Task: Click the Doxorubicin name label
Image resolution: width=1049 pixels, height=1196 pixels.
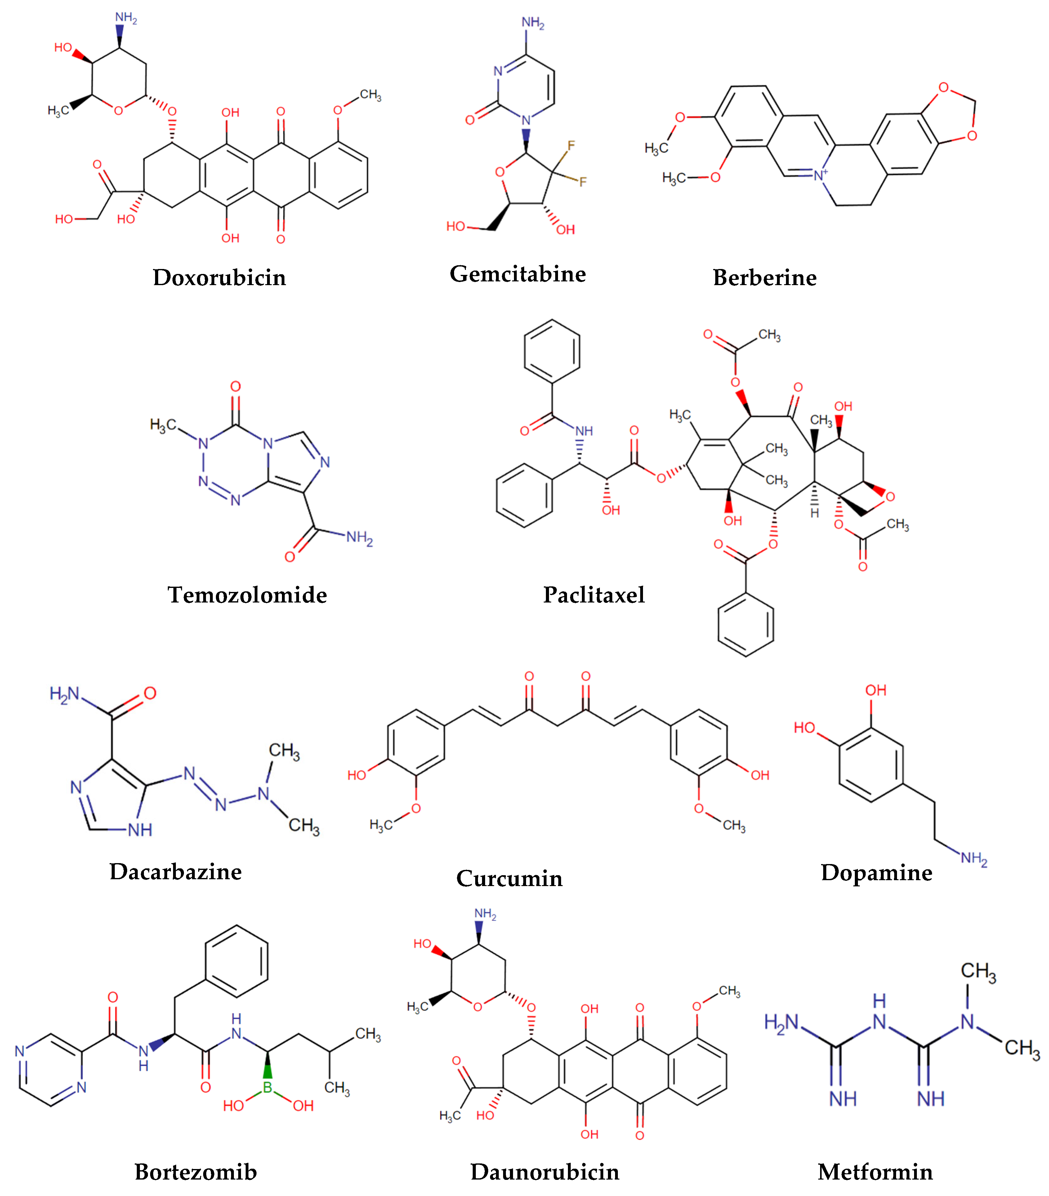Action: [219, 277]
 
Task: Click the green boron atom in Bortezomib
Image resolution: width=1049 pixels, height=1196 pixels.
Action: [267, 1087]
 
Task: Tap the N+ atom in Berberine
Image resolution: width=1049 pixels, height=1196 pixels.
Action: [820, 174]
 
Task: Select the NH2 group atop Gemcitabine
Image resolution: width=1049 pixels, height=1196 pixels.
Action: [532, 23]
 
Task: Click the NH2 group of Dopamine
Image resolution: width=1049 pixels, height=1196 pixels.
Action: [974, 858]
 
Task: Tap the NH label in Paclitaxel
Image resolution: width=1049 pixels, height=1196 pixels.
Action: [583, 431]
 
